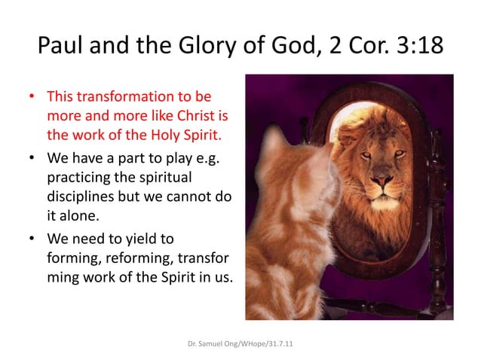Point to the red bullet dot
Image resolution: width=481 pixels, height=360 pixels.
[32, 98]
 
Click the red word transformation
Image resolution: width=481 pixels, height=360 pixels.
[123, 97]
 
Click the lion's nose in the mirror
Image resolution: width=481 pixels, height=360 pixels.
[383, 182]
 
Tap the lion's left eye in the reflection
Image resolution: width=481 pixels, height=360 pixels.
[368, 155]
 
